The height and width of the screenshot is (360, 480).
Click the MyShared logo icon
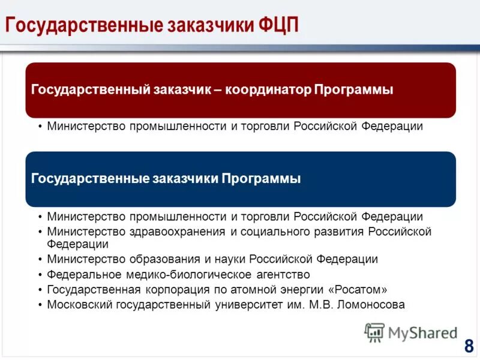[375, 332]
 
